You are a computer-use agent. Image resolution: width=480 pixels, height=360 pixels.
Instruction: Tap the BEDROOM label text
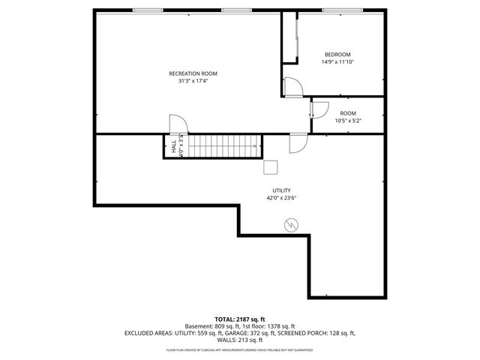(x=337, y=55)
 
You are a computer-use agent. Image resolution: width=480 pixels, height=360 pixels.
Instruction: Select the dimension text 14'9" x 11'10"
(x=337, y=62)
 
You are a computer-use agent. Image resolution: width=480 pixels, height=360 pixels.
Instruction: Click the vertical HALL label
(x=174, y=146)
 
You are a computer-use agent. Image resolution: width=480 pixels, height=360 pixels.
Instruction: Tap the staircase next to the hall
(x=223, y=146)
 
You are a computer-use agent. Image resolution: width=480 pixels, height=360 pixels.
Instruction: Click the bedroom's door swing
(x=293, y=88)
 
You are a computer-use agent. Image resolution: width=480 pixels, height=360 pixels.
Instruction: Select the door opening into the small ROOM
(x=319, y=109)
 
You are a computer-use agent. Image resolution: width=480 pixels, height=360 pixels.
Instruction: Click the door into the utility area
(x=298, y=142)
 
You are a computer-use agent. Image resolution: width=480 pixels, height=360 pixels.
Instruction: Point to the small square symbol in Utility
(x=271, y=167)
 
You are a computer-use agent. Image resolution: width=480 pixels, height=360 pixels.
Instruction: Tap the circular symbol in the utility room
(x=290, y=224)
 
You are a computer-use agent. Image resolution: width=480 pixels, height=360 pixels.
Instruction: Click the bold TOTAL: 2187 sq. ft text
(x=239, y=319)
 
